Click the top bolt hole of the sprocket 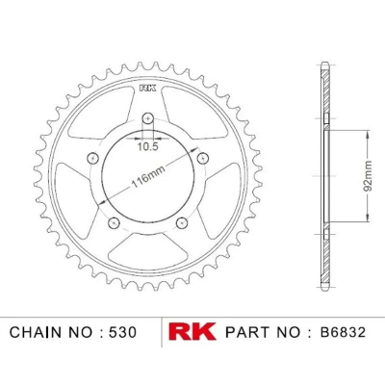point(147,118)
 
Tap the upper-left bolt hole point(93,157)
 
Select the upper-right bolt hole point(203,157)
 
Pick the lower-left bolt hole point(114,222)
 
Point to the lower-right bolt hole point(182,222)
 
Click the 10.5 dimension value point(148,147)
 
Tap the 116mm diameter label point(148,177)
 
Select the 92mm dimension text point(368,176)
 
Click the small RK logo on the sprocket point(148,89)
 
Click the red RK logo point(192,332)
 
